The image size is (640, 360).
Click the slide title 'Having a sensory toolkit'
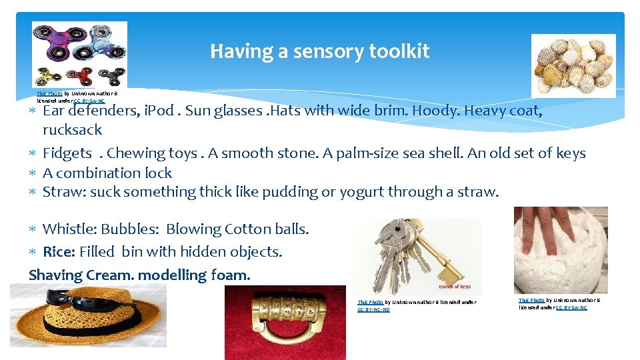(319, 51)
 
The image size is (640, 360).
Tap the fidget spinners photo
(79, 55)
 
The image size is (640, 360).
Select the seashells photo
(573, 65)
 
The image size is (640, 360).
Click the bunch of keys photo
(417, 257)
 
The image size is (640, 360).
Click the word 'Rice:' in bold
(59, 252)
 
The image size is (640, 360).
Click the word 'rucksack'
(72, 130)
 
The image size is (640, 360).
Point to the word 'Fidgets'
(67, 153)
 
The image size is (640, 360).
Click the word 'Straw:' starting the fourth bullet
(64, 193)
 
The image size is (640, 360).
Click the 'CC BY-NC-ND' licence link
(373, 310)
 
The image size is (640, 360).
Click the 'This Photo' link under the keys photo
(370, 303)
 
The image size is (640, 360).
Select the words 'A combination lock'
(107, 173)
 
